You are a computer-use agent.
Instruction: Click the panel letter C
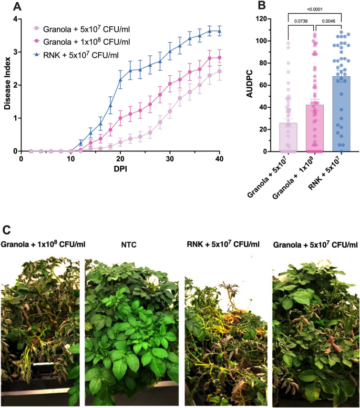tap(6, 229)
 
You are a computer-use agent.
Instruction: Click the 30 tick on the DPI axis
tap(170, 159)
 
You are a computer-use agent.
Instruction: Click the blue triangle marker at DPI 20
tap(120, 80)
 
